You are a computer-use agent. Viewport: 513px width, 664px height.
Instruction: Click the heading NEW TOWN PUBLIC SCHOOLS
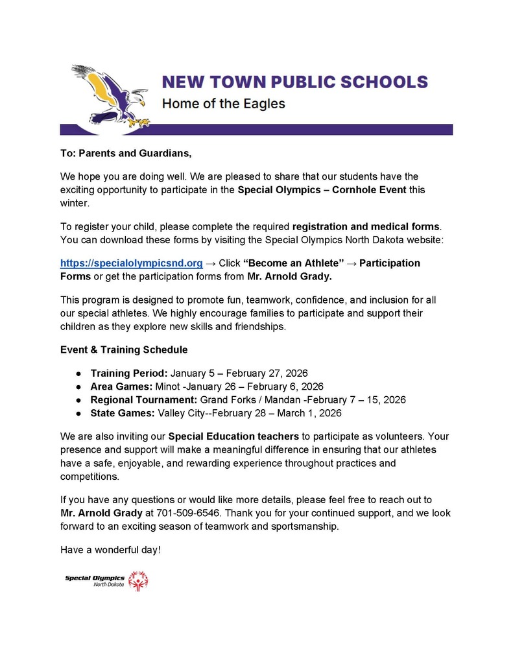[x=294, y=82]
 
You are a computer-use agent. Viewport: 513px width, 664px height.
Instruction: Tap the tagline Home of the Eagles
[x=223, y=104]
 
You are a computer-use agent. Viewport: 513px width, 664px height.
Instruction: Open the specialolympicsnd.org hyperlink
[x=132, y=263]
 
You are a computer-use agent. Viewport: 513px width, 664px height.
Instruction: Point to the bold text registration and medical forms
[x=366, y=226]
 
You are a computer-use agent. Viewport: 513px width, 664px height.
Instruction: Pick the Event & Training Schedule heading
[x=124, y=350]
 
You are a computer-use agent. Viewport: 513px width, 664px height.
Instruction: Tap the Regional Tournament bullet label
[x=144, y=399]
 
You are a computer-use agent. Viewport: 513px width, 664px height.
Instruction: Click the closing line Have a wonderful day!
[x=110, y=550]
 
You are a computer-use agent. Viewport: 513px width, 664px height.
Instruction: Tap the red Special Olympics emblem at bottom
[x=137, y=581]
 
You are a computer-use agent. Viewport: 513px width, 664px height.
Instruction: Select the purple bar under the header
[x=256, y=129]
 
